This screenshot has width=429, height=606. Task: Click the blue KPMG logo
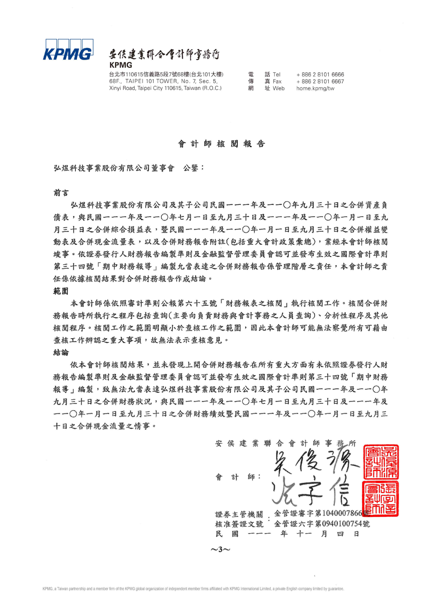click(68, 50)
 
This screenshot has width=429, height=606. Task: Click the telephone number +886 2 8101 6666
click(320, 75)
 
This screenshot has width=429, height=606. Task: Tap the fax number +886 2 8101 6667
click(320, 82)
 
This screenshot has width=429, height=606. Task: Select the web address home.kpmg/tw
click(315, 88)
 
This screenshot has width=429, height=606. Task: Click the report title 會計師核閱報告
click(222, 144)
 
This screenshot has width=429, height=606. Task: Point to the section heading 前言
click(61, 193)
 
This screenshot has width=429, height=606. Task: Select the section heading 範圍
click(61, 291)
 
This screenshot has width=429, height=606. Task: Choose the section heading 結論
click(61, 352)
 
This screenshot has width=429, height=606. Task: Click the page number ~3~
click(220, 549)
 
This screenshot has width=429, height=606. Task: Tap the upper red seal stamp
click(381, 462)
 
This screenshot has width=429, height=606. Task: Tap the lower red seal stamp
click(381, 499)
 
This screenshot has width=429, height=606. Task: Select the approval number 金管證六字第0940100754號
click(322, 524)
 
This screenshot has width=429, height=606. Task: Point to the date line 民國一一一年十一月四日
click(287, 534)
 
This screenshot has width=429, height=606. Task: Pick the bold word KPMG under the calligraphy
click(121, 65)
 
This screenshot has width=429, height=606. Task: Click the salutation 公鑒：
click(194, 168)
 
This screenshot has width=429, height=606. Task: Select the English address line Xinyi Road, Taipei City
click(165, 88)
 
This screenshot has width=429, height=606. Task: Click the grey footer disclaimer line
click(193, 589)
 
